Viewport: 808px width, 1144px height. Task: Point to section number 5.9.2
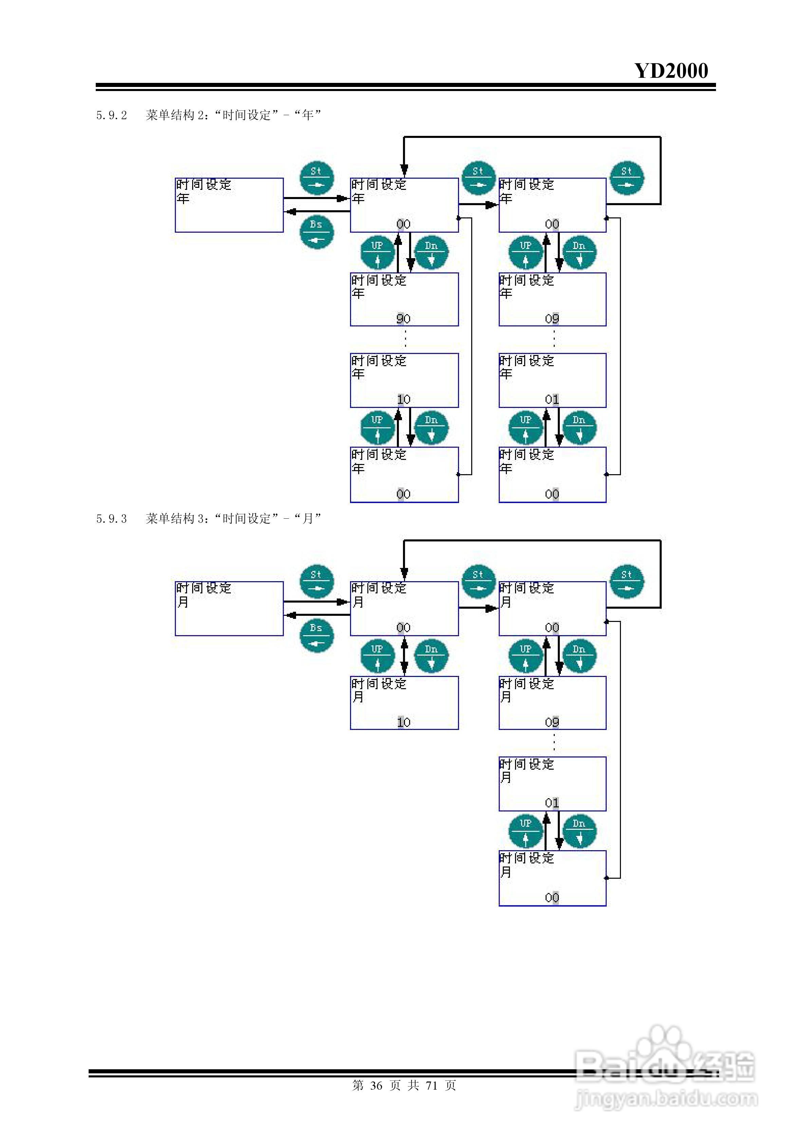pos(112,115)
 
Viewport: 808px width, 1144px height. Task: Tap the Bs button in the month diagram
pos(316,635)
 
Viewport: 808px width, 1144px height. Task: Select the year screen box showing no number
pos(229,205)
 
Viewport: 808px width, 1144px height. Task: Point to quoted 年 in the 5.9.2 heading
pos(308,115)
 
